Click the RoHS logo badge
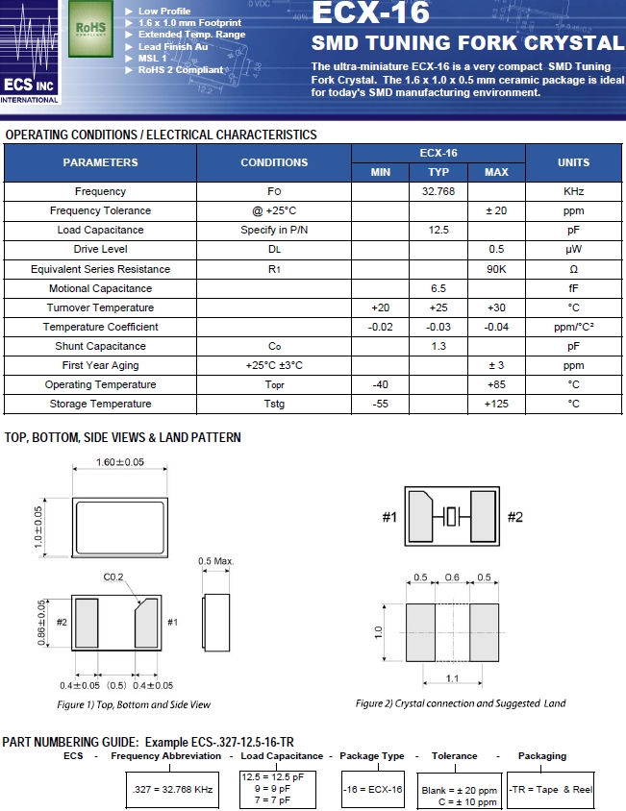90,30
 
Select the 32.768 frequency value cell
438,191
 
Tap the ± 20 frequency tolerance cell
496,210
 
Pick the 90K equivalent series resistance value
496,269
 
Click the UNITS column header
573,162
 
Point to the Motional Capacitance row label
100,288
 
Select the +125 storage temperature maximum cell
496,404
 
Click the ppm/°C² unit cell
573,327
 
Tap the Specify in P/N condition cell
274,230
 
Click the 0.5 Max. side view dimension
216,561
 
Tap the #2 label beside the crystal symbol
515,518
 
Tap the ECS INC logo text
30,86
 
